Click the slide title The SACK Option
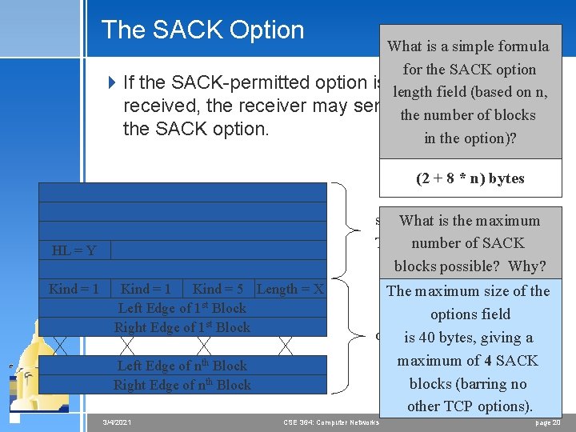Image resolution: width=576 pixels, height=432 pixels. click(x=202, y=30)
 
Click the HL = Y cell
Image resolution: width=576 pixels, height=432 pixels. click(x=74, y=250)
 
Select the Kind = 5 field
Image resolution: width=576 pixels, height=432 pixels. click(x=218, y=289)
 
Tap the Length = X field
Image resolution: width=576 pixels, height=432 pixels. click(x=290, y=289)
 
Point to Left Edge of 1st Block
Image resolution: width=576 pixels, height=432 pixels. click(x=182, y=308)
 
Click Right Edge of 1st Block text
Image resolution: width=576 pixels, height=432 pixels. click(x=182, y=327)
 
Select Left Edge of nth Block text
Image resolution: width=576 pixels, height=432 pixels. click(x=182, y=366)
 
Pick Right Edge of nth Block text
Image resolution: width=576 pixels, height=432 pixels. click(x=182, y=385)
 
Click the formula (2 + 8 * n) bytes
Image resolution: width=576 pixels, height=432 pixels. click(x=470, y=178)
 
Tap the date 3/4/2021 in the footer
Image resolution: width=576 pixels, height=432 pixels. click(x=118, y=422)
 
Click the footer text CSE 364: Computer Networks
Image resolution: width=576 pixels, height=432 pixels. click(x=331, y=422)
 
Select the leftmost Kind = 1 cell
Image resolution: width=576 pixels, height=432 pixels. click(x=74, y=289)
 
